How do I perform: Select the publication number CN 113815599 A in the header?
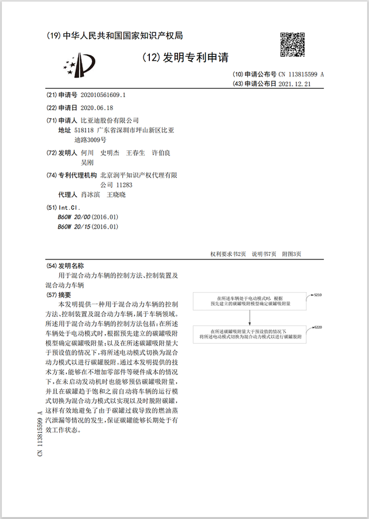tap(301, 74)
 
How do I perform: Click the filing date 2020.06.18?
tap(96, 108)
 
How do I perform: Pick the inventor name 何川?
tap(87, 153)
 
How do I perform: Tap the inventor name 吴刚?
tap(87, 162)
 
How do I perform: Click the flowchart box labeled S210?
tap(250, 301)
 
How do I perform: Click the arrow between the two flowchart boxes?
tap(250, 317)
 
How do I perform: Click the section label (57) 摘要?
tap(59, 295)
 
